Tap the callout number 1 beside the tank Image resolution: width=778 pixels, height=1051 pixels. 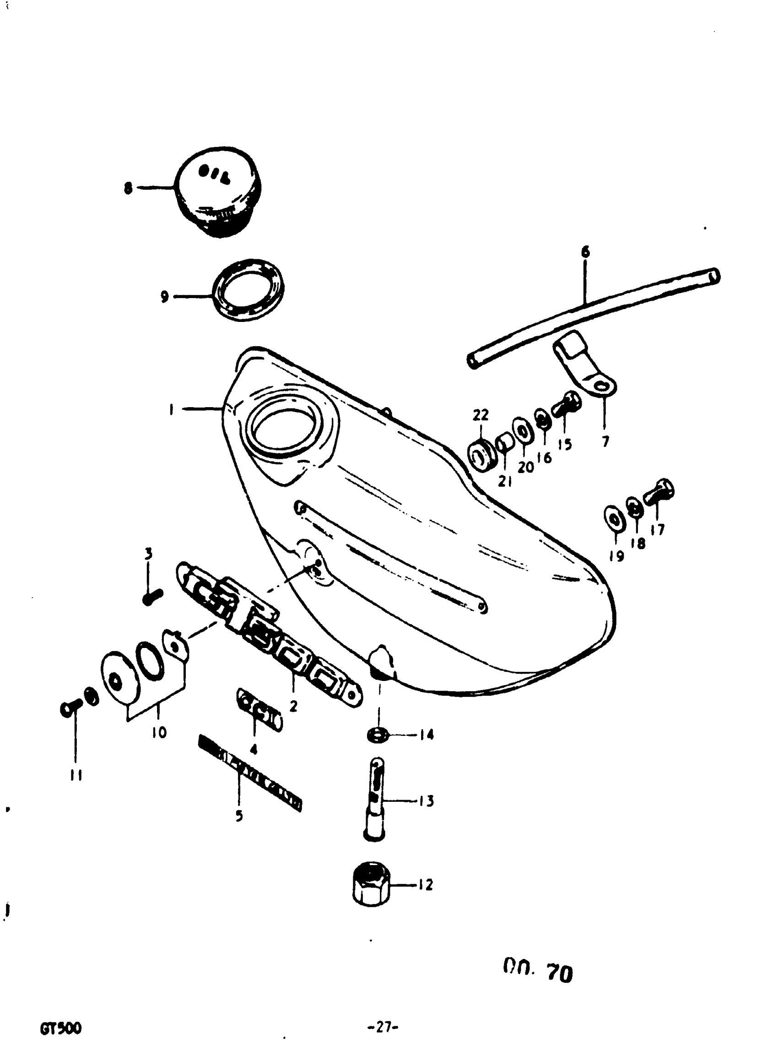point(172,409)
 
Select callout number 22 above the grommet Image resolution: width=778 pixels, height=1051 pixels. point(481,415)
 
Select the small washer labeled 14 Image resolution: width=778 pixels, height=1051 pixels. point(377,734)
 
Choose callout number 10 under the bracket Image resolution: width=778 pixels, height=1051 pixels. point(160,732)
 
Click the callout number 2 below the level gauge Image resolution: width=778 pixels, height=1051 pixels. point(293,706)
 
